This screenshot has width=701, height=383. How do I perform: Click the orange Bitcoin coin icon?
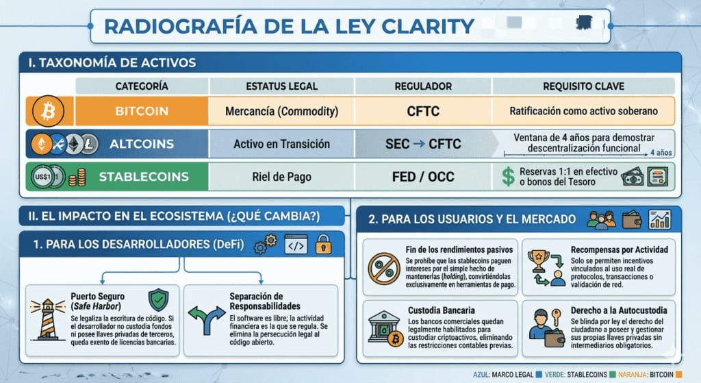click(49, 111)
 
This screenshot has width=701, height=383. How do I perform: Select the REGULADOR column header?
click(423, 86)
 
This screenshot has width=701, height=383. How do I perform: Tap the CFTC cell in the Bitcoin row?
click(423, 111)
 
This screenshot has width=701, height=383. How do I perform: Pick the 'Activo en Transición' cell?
click(281, 144)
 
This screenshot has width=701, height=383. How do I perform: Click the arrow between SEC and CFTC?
click(419, 144)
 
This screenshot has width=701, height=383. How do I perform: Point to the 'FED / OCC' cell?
click(423, 177)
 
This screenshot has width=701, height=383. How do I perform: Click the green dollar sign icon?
click(508, 176)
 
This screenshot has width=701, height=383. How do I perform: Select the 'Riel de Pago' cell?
click(281, 177)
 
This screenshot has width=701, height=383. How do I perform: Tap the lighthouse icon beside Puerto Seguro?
click(47, 319)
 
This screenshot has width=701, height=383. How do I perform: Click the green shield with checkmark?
click(158, 300)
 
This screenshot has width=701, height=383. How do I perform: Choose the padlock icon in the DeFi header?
click(323, 245)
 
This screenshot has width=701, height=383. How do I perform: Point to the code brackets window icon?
click(296, 245)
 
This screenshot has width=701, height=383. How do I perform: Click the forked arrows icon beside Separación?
click(207, 320)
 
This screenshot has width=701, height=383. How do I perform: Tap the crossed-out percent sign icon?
click(384, 269)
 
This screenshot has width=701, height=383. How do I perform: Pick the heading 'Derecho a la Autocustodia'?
click(619, 310)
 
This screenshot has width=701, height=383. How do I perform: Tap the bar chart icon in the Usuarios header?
click(660, 219)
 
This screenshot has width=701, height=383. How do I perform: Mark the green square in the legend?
click(613, 375)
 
